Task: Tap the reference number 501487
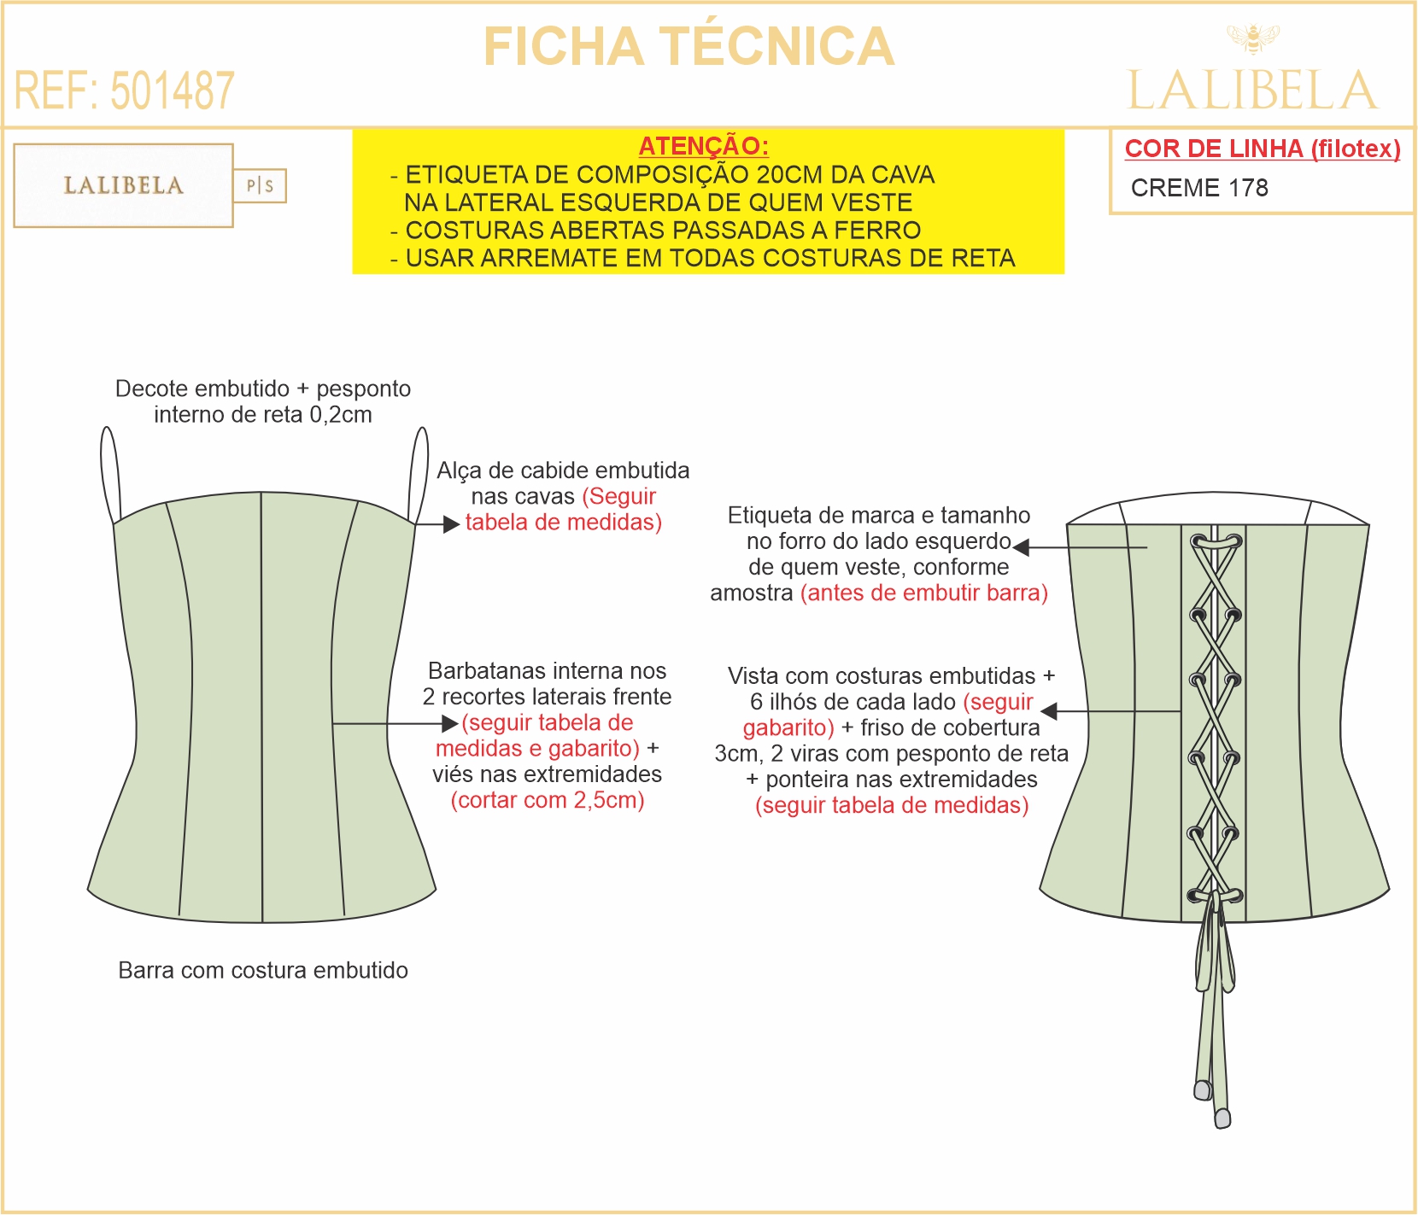pos(173,91)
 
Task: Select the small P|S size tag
pos(260,185)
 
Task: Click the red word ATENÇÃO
pos(704,146)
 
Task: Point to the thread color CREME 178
pos(1199,188)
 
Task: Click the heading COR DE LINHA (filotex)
pos(1263,149)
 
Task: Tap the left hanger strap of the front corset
pos(110,474)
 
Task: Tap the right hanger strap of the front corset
pos(419,474)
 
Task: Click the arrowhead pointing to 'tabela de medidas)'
pos(452,524)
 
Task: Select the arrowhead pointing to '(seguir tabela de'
pos(450,724)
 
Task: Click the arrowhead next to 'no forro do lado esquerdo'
pos(1021,547)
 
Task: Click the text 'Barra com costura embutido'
pos(263,970)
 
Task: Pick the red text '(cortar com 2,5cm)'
pos(548,800)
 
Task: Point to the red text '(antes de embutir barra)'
pos(924,593)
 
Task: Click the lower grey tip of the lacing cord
pos(1222,1118)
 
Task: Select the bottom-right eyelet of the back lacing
pos(1233,897)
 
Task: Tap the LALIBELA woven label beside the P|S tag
pos(124,185)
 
